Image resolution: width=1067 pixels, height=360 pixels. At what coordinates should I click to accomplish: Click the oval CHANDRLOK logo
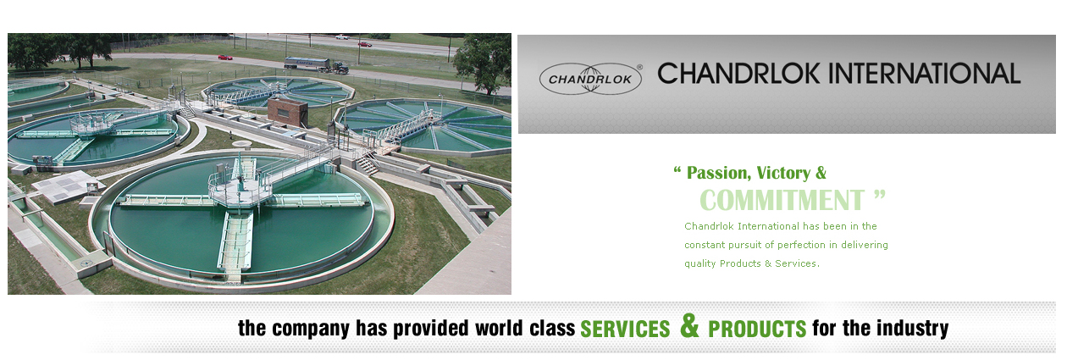coord(590,79)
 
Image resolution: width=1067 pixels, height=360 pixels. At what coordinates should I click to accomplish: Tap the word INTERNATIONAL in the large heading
coord(924,74)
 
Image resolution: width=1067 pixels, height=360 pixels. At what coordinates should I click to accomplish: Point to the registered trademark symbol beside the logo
coord(639,67)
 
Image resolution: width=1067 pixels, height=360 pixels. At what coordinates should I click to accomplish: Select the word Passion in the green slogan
coord(719,173)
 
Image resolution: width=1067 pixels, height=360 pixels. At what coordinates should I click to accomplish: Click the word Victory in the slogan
coord(783,173)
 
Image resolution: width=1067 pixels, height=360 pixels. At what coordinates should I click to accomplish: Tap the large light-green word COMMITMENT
coord(782,200)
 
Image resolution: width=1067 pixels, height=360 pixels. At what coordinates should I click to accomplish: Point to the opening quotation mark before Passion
coord(677,170)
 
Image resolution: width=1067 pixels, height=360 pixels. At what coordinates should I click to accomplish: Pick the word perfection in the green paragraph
coord(801,245)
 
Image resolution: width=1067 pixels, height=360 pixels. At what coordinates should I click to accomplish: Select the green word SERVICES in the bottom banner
coord(625,329)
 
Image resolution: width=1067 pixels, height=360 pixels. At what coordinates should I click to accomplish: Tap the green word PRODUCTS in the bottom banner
coord(757,329)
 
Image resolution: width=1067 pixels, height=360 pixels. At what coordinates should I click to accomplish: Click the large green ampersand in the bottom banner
coord(689,326)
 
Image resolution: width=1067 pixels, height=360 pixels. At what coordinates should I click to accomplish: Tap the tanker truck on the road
coord(317,65)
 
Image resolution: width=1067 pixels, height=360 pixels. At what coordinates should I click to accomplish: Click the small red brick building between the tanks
coord(287,112)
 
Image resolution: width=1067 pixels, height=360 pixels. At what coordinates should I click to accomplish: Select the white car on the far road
coord(341,36)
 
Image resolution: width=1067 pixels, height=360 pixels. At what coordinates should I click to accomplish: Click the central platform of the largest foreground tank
coord(240,190)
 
